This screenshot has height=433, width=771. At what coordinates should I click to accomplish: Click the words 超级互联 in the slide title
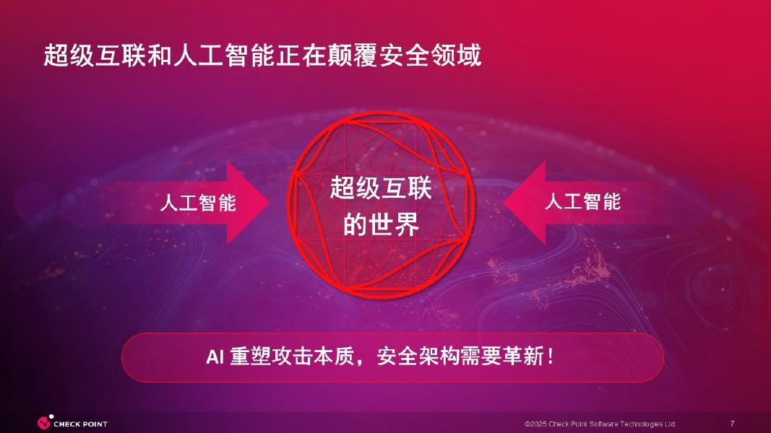(87, 56)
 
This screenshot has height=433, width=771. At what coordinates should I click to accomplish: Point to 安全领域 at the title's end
(437, 56)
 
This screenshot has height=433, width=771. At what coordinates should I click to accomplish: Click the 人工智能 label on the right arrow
(582, 201)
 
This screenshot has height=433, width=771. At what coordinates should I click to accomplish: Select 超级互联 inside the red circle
(381, 189)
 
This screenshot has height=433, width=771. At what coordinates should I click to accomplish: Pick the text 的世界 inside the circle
(381, 225)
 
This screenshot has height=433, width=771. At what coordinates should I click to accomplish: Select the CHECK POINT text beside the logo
(81, 424)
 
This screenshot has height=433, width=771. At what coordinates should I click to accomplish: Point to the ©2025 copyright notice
(600, 424)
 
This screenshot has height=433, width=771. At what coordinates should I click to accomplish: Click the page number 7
(733, 423)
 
